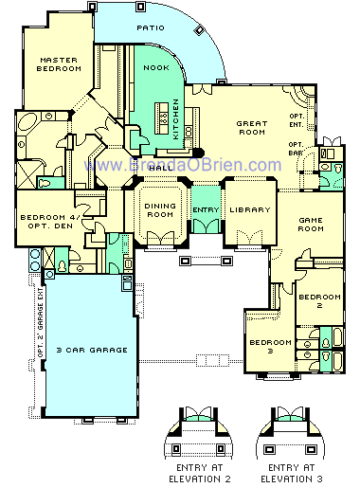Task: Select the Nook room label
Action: click(x=155, y=68)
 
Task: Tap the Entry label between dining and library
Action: click(x=205, y=209)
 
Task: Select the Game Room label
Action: click(x=312, y=224)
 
